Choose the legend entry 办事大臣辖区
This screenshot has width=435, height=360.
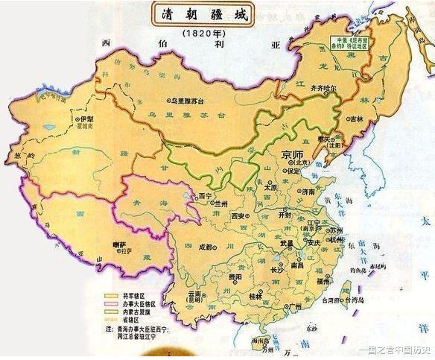coord(139,303)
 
